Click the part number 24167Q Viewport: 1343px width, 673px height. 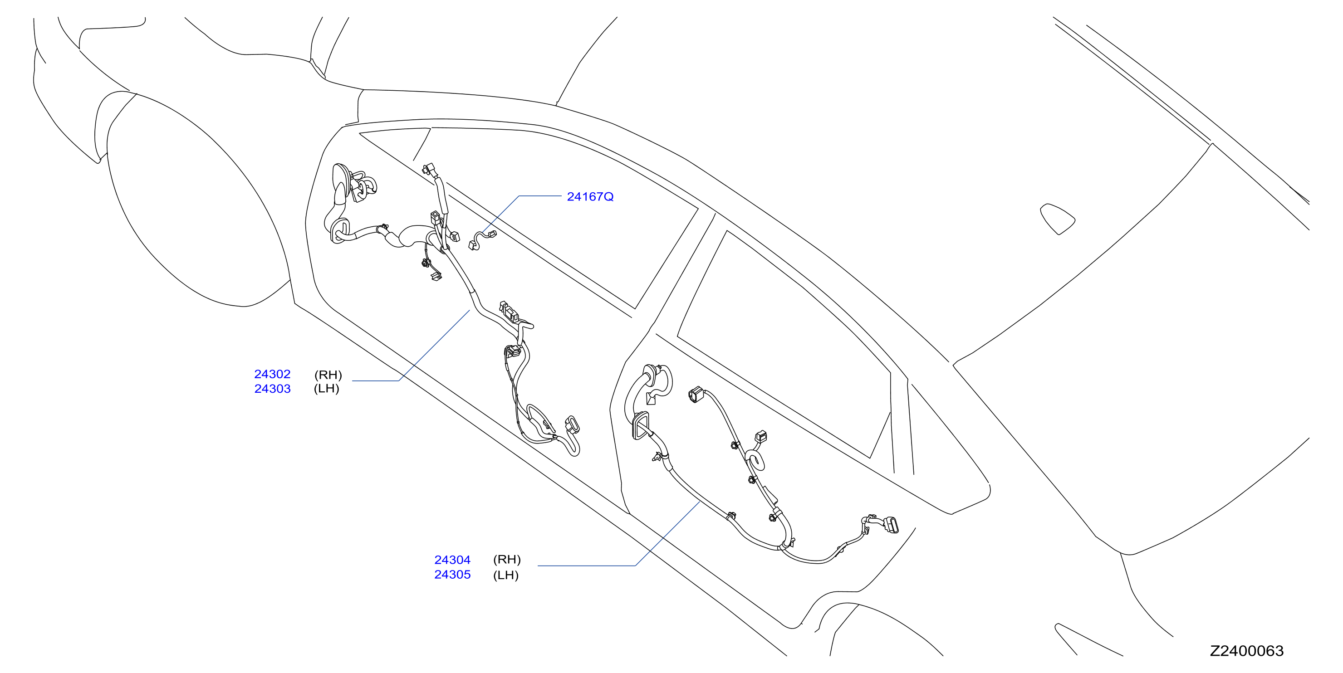coord(590,196)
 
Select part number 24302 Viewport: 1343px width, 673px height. coord(272,374)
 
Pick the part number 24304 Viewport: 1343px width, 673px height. coord(452,560)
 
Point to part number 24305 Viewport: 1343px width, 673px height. coord(452,575)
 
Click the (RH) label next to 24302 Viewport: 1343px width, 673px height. coord(328,375)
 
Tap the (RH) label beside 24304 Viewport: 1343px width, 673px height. coord(507,559)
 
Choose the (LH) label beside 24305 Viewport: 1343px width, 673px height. coord(506,575)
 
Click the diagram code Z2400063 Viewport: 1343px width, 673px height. coord(1246,651)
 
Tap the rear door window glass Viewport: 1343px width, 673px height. coord(782,344)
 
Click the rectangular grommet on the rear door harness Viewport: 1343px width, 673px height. coord(641,425)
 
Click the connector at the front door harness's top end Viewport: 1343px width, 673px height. coord(429,171)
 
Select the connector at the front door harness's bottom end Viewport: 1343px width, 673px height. coord(572,425)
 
